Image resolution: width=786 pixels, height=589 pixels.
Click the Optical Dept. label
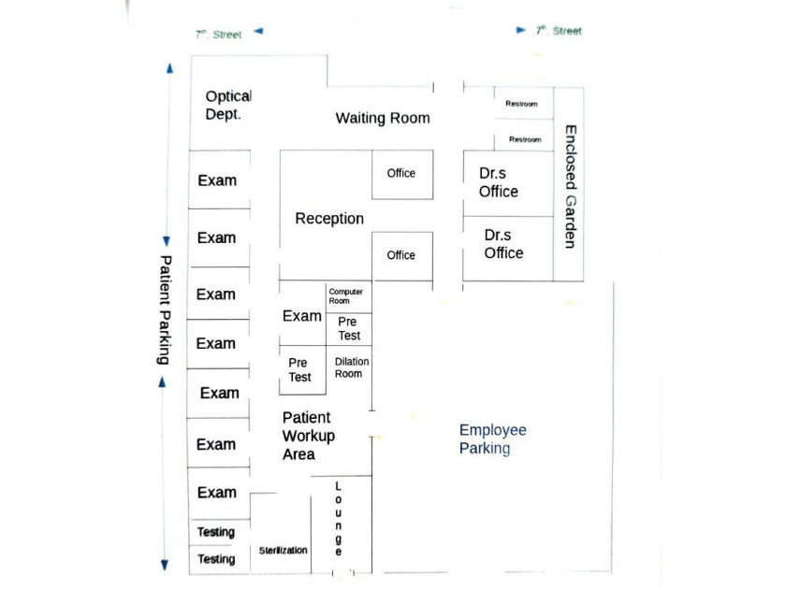coord(228,105)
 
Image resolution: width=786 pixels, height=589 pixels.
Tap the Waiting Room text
coord(383,118)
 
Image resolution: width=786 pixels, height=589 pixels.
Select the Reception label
coord(329,219)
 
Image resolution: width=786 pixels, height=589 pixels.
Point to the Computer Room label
coord(345,296)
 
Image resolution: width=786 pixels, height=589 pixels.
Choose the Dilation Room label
coord(352,367)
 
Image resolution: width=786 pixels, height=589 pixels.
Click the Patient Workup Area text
coord(308,436)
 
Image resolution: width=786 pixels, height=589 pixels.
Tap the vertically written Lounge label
coord(339,518)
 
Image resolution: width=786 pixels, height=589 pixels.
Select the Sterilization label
coord(284,550)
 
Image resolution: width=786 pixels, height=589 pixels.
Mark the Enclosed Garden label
coord(571,186)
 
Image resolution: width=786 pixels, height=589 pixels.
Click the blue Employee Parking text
coord(493,438)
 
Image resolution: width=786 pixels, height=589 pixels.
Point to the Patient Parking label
coord(165,309)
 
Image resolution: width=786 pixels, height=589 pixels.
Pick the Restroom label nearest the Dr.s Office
coord(525,139)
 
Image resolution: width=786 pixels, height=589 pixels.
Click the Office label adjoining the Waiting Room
coord(401,173)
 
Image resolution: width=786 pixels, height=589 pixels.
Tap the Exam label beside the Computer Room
coord(301,316)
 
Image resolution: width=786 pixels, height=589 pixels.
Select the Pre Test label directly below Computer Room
coord(348,328)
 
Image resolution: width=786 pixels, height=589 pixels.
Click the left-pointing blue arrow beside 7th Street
coord(258,31)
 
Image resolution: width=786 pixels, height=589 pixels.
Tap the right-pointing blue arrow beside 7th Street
coord(521,30)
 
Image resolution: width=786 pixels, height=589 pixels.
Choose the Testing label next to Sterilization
coord(216,558)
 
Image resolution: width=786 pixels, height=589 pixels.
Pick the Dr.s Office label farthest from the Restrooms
coord(503,244)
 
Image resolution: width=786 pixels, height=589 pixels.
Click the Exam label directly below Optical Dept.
coord(217,180)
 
